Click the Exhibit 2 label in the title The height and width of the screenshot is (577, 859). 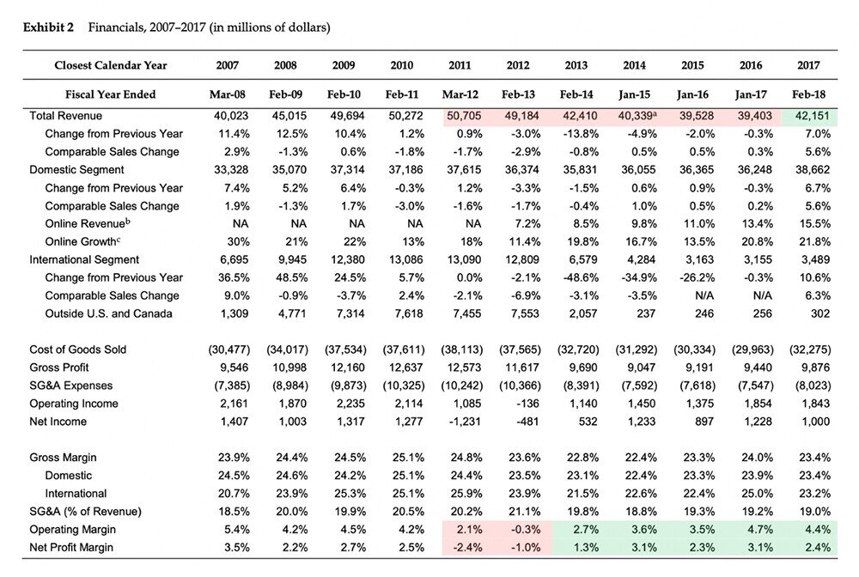48,27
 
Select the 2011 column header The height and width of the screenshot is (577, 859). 460,66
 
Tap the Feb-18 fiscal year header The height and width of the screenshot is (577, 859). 808,94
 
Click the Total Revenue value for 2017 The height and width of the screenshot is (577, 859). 813,116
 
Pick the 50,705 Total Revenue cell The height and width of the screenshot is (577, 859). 464,116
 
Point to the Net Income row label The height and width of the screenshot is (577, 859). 58,422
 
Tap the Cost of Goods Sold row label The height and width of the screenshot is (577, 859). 78,349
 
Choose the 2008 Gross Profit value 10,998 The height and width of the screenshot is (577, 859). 289,367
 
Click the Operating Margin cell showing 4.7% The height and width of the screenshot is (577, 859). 760,530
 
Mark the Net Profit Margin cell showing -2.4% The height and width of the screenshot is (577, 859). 467,548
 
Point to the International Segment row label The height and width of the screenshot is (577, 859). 84,260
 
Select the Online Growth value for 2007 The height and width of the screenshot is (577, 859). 238,242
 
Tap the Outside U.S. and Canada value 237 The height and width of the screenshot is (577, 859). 646,314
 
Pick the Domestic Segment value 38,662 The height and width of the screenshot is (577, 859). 813,170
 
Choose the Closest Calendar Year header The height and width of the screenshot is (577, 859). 111,66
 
